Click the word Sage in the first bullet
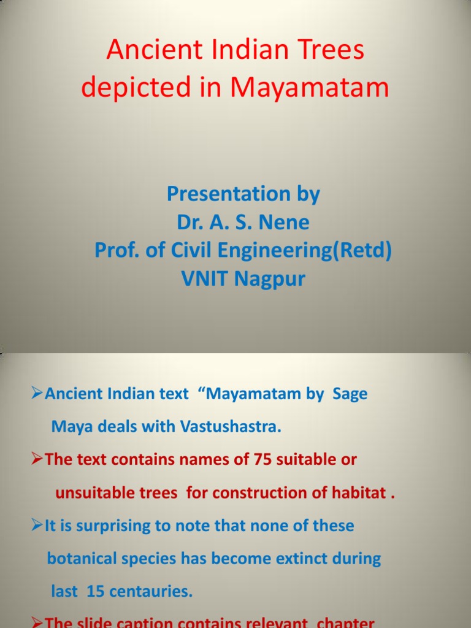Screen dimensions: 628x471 (350, 394)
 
